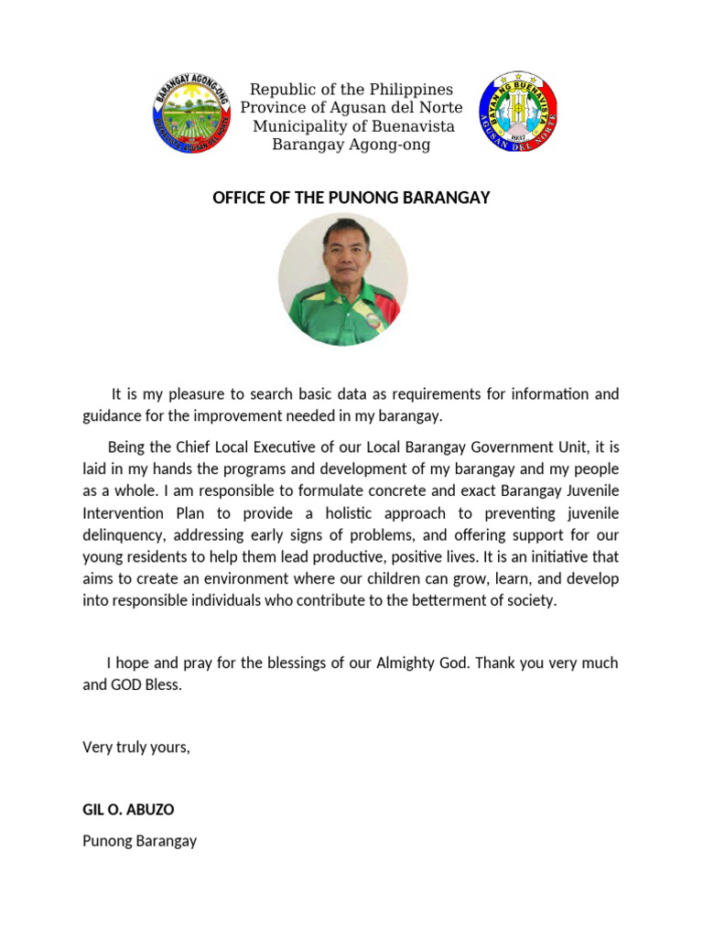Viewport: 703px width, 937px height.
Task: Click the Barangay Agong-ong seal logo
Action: tap(192, 113)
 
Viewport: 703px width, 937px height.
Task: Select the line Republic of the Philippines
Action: tap(351, 90)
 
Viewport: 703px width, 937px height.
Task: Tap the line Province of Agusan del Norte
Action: tap(351, 108)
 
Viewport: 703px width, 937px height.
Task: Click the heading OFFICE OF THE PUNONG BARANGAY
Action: tap(351, 198)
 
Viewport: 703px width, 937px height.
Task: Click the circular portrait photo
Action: tap(343, 280)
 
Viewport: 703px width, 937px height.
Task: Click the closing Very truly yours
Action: tap(136, 747)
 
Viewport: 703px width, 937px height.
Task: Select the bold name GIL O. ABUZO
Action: tap(128, 810)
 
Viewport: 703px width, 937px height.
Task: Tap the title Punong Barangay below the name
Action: tap(139, 840)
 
